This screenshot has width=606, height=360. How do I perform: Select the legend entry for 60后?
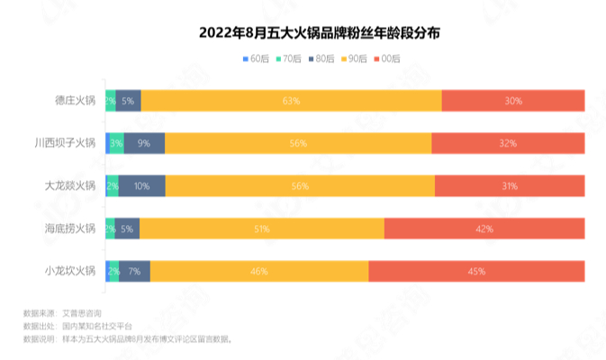pyautogui.click(x=256, y=58)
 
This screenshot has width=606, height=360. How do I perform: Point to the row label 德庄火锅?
pyautogui.click(x=76, y=101)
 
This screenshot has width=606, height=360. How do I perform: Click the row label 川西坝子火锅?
pyautogui.click(x=65, y=143)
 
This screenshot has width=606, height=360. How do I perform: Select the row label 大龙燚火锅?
pyautogui.click(x=70, y=185)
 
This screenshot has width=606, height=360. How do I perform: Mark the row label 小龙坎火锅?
pyautogui.click(x=70, y=271)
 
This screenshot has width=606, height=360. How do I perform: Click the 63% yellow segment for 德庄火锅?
pyautogui.click(x=291, y=101)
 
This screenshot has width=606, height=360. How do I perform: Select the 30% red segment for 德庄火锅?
pyautogui.click(x=513, y=101)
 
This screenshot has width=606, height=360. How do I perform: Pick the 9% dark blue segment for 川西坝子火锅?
pyautogui.click(x=144, y=143)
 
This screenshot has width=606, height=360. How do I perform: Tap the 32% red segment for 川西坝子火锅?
pyautogui.click(x=508, y=143)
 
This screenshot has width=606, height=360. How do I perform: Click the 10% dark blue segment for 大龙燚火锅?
pyautogui.click(x=142, y=185)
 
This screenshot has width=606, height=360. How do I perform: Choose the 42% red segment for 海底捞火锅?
pyautogui.click(x=484, y=229)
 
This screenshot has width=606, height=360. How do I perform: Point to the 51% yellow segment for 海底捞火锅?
pyautogui.click(x=262, y=229)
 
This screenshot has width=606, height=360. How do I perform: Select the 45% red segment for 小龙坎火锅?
pyautogui.click(x=476, y=271)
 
